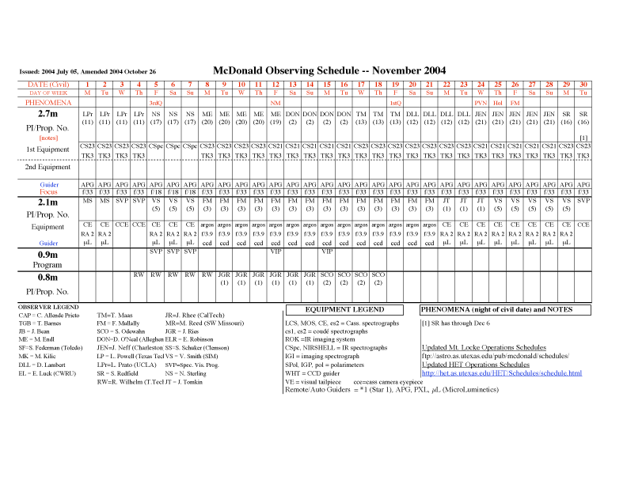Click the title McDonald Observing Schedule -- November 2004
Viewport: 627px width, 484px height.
tap(329, 70)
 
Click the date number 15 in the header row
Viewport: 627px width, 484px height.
tap(327, 85)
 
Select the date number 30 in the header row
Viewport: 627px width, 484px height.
tap(583, 85)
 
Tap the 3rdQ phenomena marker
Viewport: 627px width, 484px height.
tap(156, 103)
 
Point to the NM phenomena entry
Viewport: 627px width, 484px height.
tap(275, 103)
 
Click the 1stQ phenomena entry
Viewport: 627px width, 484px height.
tap(396, 103)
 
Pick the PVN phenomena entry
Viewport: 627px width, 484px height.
tap(481, 103)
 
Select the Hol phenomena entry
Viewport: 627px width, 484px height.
tap(498, 103)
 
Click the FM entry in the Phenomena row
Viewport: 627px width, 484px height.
tap(515, 103)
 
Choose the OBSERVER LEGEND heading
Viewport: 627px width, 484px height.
tap(48, 306)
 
